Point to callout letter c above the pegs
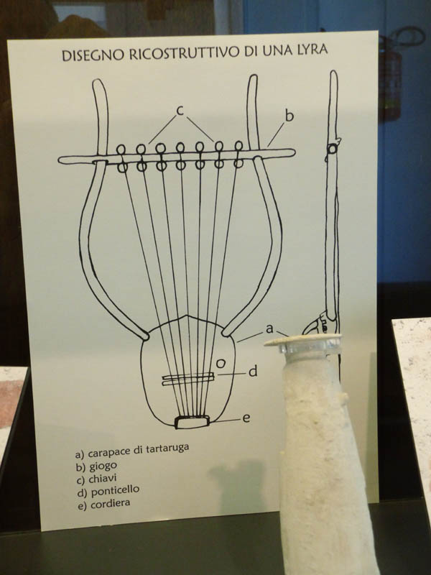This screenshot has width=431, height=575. click(x=180, y=111)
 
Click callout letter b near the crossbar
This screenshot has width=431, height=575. click(x=289, y=116)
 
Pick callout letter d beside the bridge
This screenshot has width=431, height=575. click(x=253, y=372)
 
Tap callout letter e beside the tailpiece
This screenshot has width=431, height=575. click(x=246, y=418)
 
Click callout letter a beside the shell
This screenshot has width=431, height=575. click(x=269, y=329)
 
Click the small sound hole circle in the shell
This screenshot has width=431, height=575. click(x=221, y=364)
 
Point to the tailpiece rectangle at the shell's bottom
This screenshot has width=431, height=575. click(x=192, y=422)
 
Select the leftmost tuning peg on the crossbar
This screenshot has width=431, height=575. click(x=121, y=158)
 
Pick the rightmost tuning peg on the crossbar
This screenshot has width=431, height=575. click(x=238, y=155)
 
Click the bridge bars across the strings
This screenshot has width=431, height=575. click(x=188, y=379)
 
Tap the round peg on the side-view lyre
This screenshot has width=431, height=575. click(x=332, y=149)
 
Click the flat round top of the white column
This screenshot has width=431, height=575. click(x=302, y=340)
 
